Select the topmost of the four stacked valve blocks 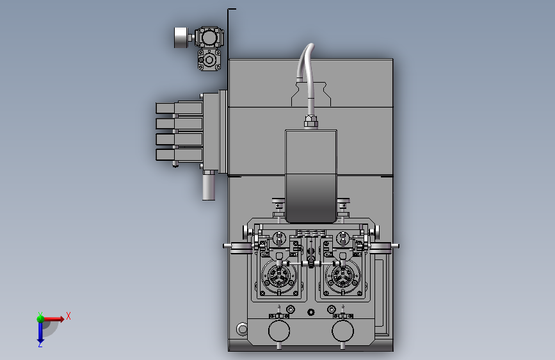179,108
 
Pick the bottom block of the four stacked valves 179,155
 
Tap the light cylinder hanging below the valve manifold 209,185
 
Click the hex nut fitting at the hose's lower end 310,121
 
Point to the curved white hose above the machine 307,79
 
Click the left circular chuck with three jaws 279,276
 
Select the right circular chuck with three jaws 342,276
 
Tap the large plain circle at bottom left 279,331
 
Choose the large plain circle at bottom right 342,331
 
